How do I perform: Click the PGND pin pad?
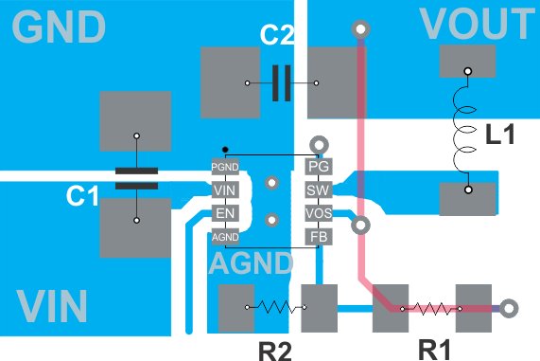point(224,167)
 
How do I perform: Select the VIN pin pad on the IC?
point(224,190)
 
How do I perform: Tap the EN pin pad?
point(224,213)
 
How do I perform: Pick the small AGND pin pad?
point(224,236)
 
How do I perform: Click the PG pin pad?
point(319,167)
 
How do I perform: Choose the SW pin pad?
point(319,190)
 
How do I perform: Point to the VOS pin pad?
point(319,213)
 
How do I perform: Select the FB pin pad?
point(319,236)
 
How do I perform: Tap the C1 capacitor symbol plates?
point(136,179)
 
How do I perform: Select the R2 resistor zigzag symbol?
point(275,307)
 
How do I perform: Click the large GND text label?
point(59,27)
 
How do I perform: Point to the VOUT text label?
point(477,24)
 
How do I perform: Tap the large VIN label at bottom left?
point(52,307)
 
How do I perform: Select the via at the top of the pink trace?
point(359,29)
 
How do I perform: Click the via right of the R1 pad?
point(509,308)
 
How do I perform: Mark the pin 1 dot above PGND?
point(224,150)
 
